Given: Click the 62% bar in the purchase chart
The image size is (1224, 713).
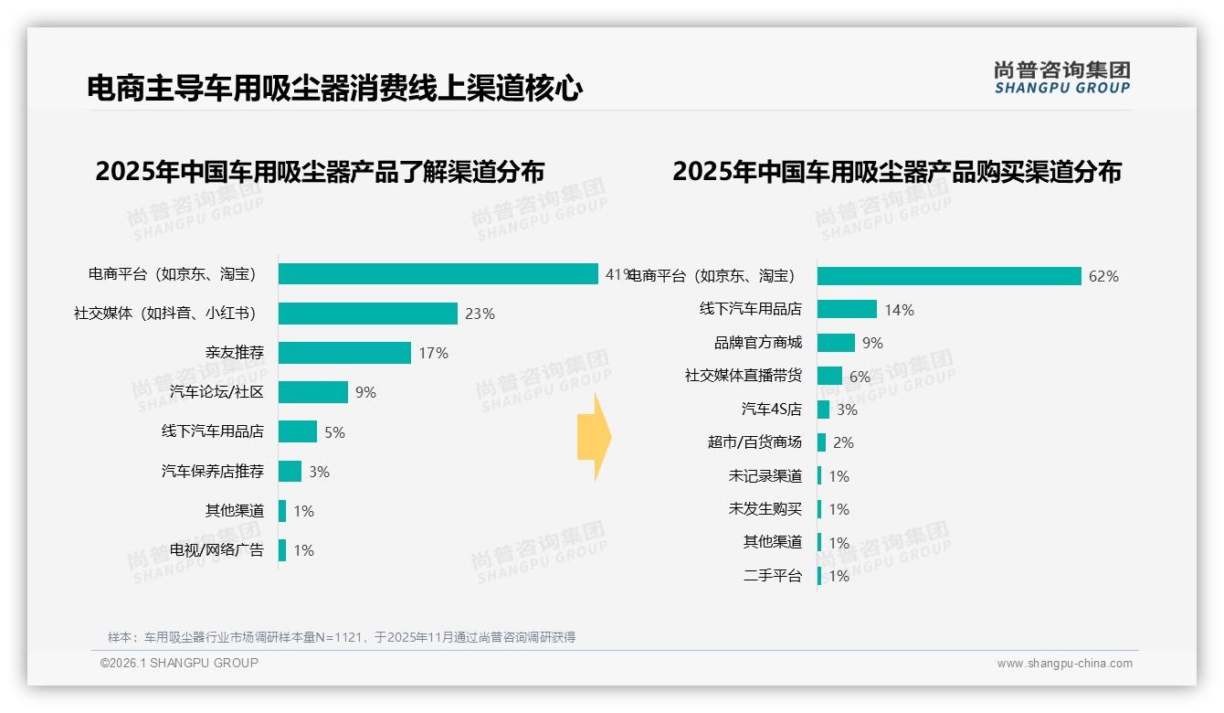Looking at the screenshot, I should pyautogui.click(x=949, y=276).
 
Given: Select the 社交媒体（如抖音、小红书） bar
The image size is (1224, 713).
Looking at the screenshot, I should pyautogui.click(x=367, y=314).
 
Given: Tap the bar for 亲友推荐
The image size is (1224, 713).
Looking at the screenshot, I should pyautogui.click(x=344, y=353).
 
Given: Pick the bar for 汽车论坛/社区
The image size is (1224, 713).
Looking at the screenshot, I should pyautogui.click(x=312, y=392).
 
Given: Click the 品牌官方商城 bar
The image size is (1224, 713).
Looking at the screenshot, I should pyautogui.click(x=836, y=343).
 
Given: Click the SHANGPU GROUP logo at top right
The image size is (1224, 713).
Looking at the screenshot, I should pyautogui.click(x=1061, y=78).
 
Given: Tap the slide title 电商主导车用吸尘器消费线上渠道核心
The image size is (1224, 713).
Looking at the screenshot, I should pyautogui.click(x=334, y=88).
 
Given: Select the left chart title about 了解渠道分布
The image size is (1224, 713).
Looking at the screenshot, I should pyautogui.click(x=320, y=172).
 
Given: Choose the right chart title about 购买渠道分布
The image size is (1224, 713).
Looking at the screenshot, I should pyautogui.click(x=896, y=172).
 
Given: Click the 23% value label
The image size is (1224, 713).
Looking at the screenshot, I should pyautogui.click(x=480, y=314).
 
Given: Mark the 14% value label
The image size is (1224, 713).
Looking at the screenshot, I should pyautogui.click(x=899, y=310).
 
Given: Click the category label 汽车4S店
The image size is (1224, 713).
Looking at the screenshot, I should pyautogui.click(x=771, y=410).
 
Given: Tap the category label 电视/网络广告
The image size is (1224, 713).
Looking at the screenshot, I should pyautogui.click(x=216, y=550).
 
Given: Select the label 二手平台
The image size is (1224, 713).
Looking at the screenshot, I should pyautogui.click(x=772, y=576).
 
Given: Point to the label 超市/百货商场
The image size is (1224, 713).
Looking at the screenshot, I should pyautogui.click(x=754, y=442).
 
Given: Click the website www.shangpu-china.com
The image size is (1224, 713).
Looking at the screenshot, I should pyautogui.click(x=1064, y=664).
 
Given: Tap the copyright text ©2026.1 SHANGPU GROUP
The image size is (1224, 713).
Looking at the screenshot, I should pyautogui.click(x=179, y=663).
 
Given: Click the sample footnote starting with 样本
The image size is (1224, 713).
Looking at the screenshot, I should pyautogui.click(x=341, y=637).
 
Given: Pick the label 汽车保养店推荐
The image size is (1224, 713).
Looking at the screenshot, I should pyautogui.click(x=212, y=472).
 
